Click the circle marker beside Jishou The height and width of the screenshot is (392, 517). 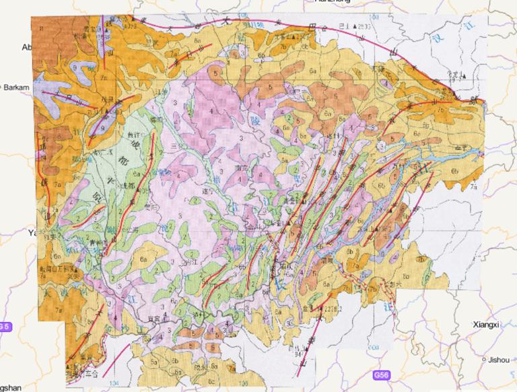click(485, 358)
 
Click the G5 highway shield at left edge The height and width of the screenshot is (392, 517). click(5, 327)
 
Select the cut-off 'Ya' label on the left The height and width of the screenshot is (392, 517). click(30, 233)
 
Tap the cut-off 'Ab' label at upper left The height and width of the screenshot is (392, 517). click(27, 47)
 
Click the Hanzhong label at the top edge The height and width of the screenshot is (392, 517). click(333, 2)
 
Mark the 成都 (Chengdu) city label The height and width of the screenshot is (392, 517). click(124, 186)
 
